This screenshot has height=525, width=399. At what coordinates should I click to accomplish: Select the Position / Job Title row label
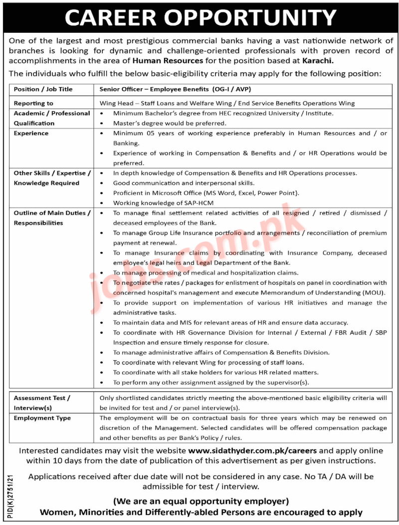pyautogui.click(x=43, y=89)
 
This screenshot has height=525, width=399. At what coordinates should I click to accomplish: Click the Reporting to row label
pyautogui.click(x=33, y=103)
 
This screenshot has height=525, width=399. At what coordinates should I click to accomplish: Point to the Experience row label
pyautogui.click(x=31, y=133)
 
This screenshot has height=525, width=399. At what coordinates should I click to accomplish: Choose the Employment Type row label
pyautogui.click(x=42, y=418)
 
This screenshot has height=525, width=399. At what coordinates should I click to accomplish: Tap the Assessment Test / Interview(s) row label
pyautogui.click(x=42, y=403)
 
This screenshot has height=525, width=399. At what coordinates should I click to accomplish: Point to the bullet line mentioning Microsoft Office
pyautogui.click(x=206, y=193)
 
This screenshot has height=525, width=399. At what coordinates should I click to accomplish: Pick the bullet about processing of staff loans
pyautogui.click(x=208, y=362)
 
